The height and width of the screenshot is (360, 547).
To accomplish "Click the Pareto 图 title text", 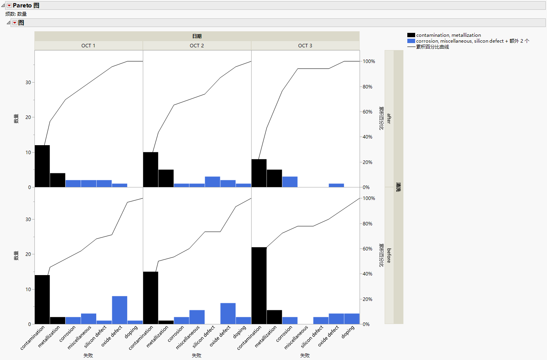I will coord(26,5).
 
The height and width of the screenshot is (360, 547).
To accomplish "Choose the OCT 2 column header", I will coord(197,46).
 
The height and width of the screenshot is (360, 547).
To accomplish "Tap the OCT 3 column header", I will coord(305,46).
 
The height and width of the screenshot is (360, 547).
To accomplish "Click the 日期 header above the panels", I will coord(197,36).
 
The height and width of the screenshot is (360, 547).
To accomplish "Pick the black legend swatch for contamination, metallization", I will coord(411,35).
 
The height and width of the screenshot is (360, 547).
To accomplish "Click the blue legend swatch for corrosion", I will coord(411,41).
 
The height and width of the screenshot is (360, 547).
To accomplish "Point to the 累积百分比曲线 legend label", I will coord(432,47).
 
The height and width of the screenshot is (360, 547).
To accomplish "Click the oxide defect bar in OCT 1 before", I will coord(119,310).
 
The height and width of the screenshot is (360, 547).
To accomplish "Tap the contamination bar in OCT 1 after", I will coord(42,166).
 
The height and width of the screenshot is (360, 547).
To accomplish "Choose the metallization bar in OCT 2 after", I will coord(166,178).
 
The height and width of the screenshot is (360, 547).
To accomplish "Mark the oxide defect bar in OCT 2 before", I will coord(228,313).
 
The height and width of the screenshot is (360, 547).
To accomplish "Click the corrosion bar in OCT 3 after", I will coord(290,182).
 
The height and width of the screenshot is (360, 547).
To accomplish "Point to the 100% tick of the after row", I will coord(369,61).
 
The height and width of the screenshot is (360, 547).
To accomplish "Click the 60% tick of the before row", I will coord(367,249).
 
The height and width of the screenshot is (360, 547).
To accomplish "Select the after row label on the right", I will coord(389,119).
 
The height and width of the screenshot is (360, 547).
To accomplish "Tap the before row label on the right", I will coord(389,256).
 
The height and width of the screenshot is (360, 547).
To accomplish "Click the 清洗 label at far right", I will coord(398,187).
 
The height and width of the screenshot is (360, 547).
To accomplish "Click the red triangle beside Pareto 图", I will coord(9,5).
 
